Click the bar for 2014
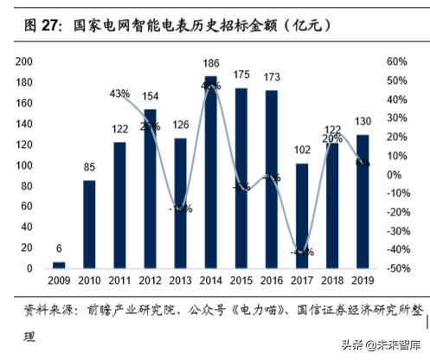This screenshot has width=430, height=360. (x=210, y=172)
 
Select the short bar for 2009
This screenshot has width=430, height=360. (x=59, y=265)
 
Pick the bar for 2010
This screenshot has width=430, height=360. (x=89, y=224)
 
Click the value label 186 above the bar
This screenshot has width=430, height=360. (x=210, y=66)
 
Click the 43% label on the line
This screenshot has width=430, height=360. (x=119, y=93)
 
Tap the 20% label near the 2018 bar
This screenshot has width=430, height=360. (x=332, y=138)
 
